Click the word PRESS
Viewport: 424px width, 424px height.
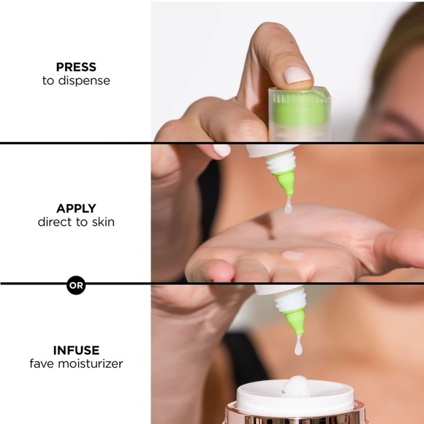[x=76, y=67]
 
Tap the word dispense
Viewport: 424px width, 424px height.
[x=84, y=80]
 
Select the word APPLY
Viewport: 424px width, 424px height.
[x=76, y=208]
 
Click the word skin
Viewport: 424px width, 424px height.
[x=103, y=222]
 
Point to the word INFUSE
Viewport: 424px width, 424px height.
[x=76, y=350]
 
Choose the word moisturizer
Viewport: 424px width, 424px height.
[x=91, y=364]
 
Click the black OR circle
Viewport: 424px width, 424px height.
[x=76, y=285]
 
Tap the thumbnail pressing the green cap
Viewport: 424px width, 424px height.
[x=298, y=75]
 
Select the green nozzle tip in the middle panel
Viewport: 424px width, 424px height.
[x=285, y=182]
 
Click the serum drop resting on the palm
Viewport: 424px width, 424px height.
[x=292, y=256]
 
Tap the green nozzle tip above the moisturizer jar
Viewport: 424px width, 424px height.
[x=295, y=321]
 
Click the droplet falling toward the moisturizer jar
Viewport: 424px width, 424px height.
[x=298, y=346]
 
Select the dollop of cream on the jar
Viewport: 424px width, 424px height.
[x=297, y=385]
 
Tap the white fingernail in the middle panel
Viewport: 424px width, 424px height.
[x=222, y=151]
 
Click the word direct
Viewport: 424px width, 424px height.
[x=56, y=222]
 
